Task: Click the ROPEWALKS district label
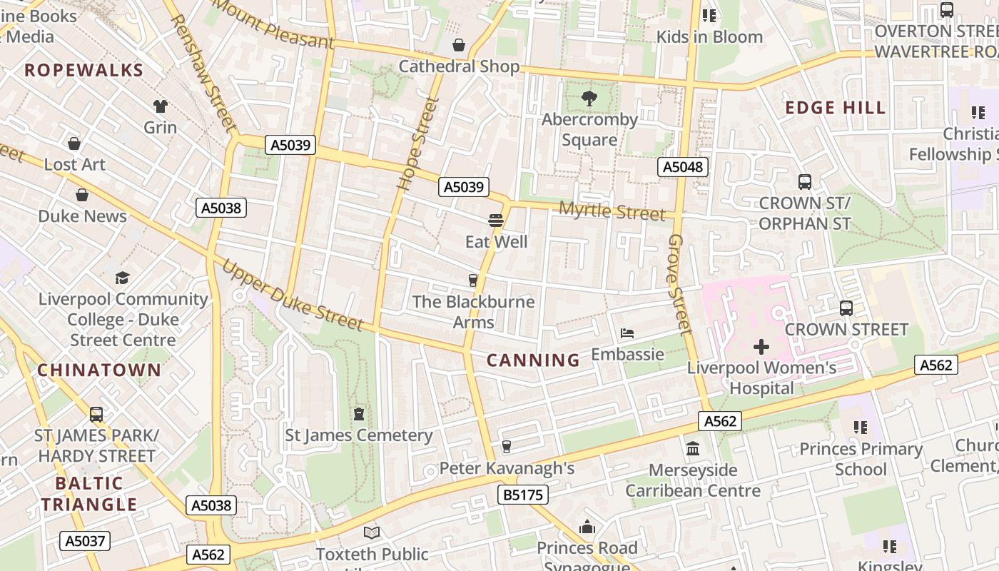click(84, 70)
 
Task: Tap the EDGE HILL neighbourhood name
click(836, 108)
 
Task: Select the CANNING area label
click(533, 360)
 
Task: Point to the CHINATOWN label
click(99, 370)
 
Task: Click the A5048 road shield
click(683, 167)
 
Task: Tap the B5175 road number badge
click(521, 494)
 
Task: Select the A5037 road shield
click(85, 541)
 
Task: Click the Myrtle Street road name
click(612, 211)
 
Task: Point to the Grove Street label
click(680, 284)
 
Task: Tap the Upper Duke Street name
click(293, 295)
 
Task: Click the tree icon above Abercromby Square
click(589, 98)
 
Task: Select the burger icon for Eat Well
click(496, 220)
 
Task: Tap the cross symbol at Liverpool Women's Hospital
click(761, 348)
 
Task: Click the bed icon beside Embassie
click(627, 333)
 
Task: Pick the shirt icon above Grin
click(160, 106)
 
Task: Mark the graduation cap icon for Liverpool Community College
click(123, 278)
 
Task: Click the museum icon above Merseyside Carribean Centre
click(692, 449)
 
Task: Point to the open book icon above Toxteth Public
click(372, 532)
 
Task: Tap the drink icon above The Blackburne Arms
click(472, 280)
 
